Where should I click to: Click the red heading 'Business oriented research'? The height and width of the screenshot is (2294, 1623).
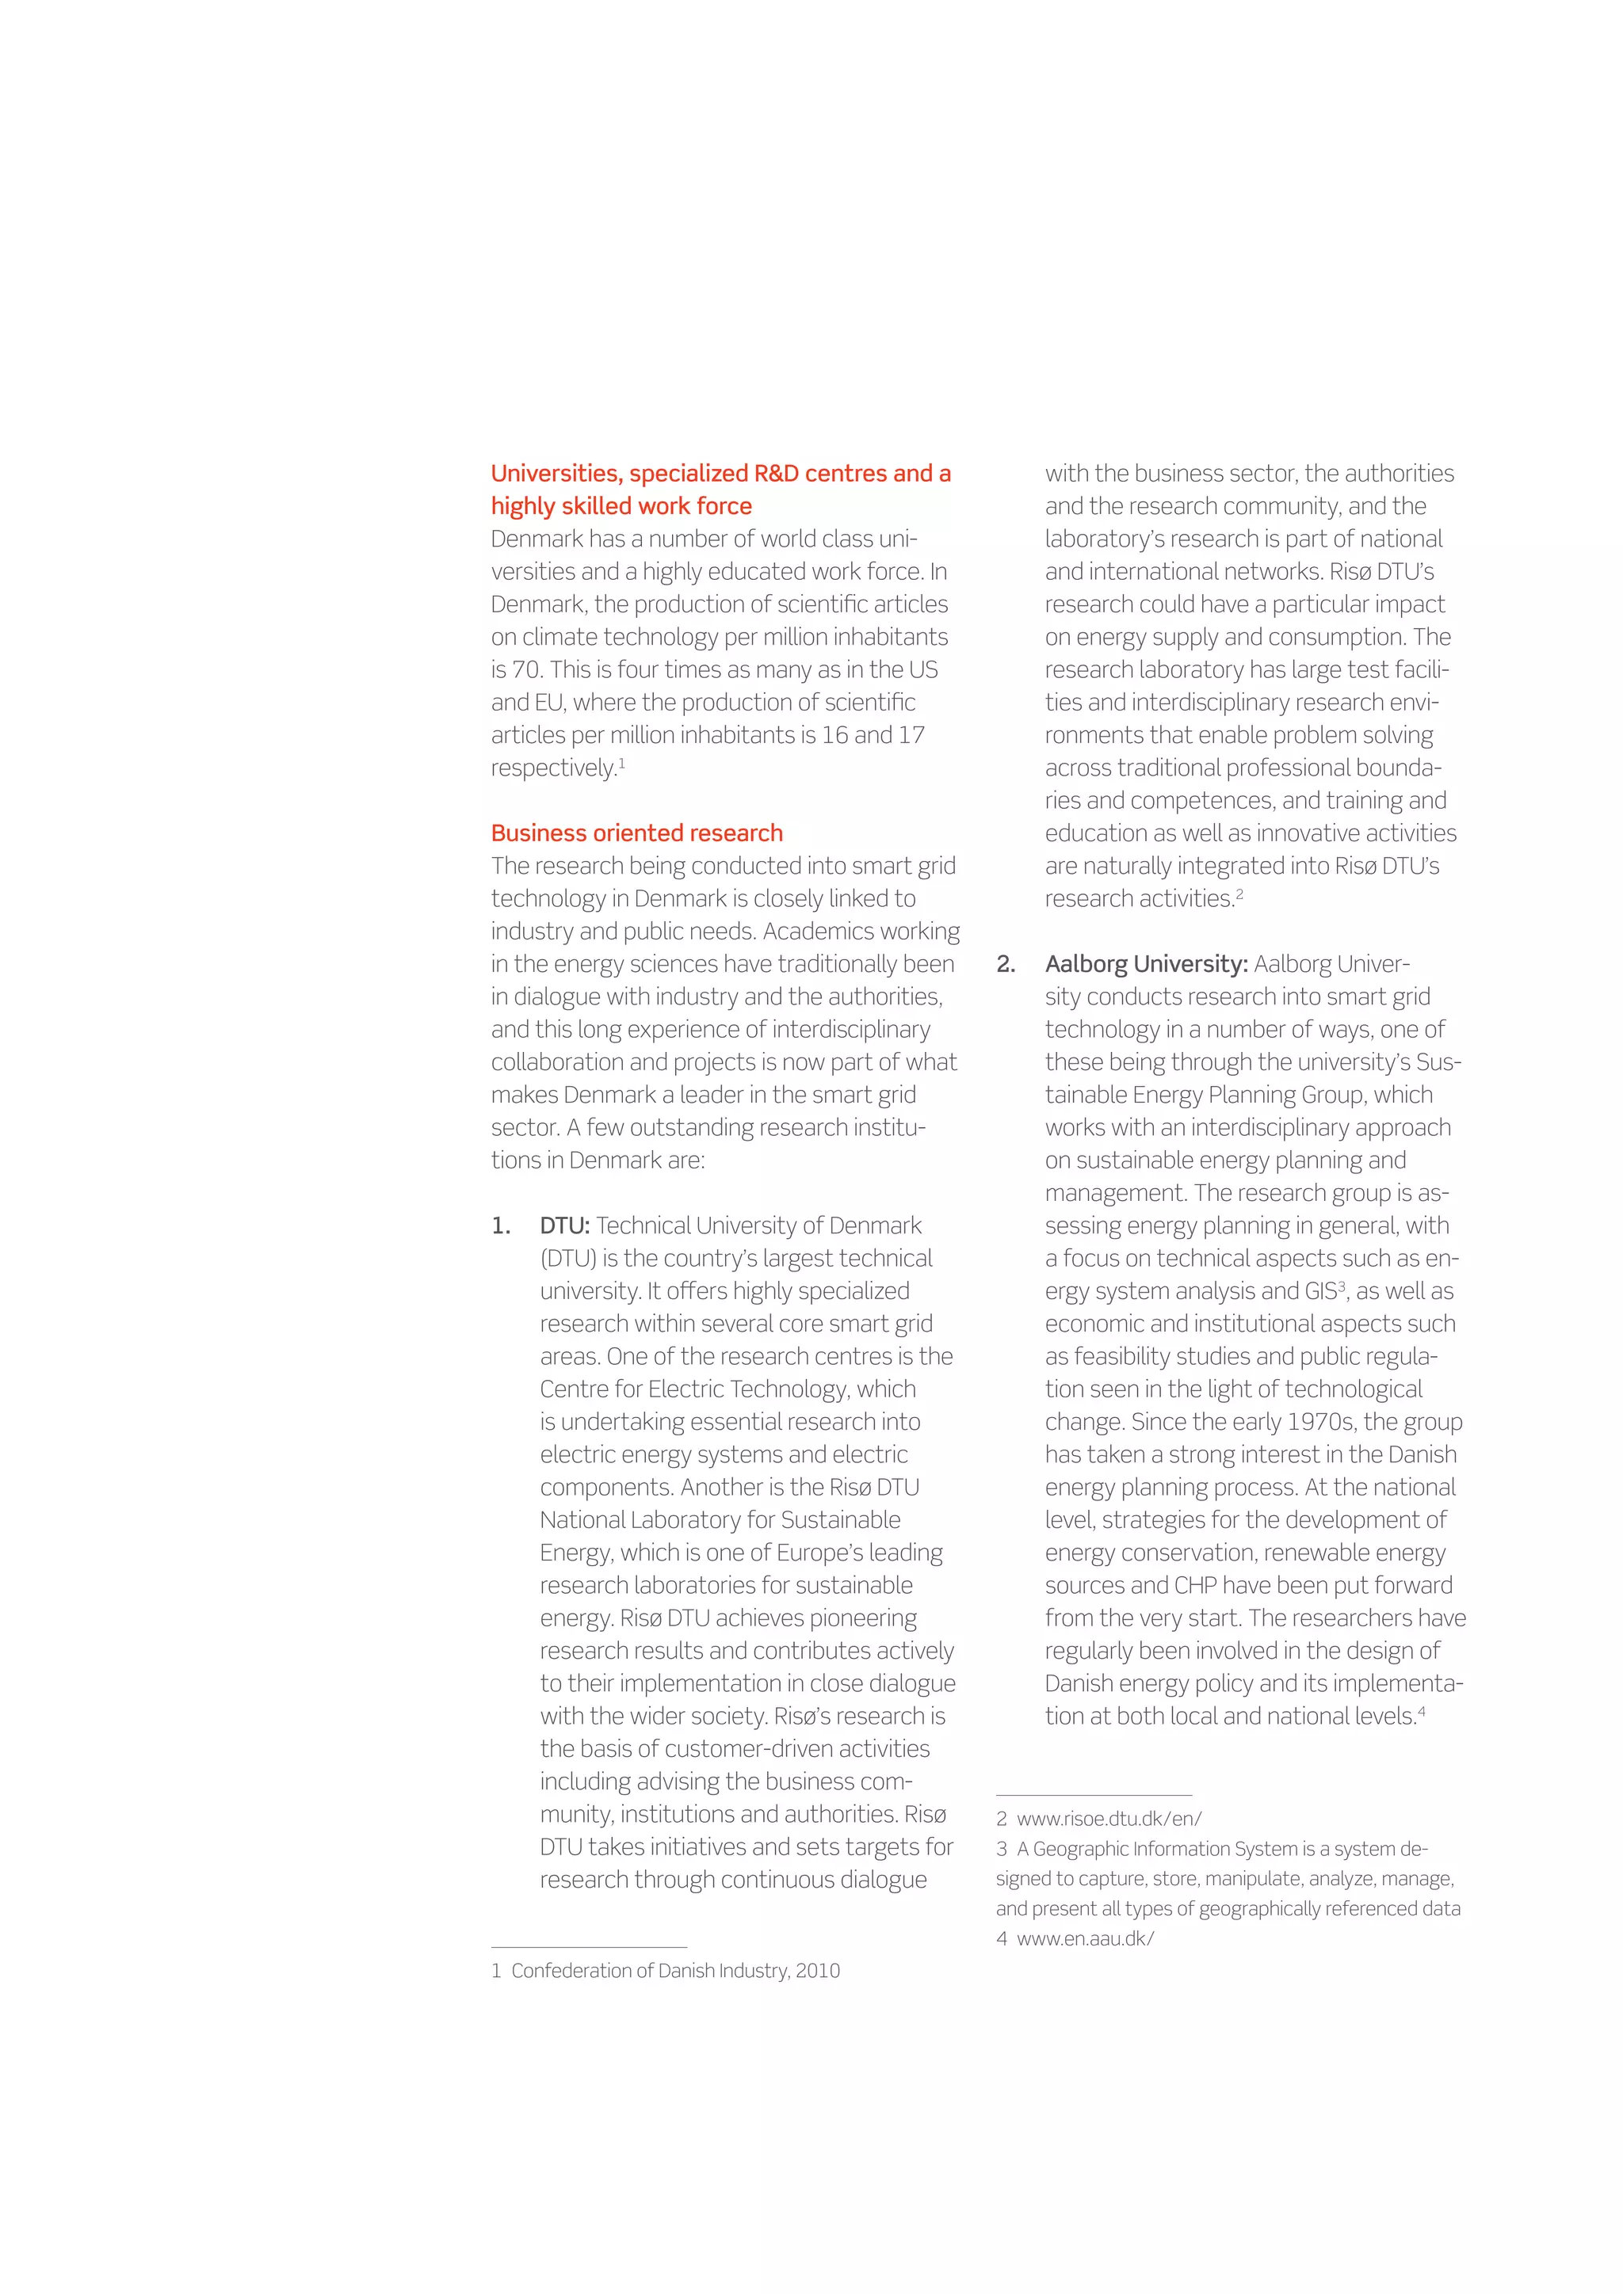click(636, 833)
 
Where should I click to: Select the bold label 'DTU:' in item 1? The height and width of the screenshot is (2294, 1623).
click(565, 1226)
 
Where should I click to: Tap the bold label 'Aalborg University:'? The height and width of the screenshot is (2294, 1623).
click(1145, 964)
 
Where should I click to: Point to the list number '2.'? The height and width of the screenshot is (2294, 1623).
click(1006, 964)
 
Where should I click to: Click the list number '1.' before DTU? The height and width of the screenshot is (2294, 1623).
click(501, 1226)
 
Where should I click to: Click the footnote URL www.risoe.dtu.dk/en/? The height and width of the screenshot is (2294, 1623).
click(1109, 1819)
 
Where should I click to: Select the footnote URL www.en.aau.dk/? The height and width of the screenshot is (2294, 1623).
click(1086, 1938)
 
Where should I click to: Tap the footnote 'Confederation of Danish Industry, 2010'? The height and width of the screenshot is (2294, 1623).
click(675, 1970)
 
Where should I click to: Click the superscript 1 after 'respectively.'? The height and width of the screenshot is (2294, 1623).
click(621, 764)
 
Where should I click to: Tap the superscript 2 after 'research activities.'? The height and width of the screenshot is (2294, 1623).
click(1239, 894)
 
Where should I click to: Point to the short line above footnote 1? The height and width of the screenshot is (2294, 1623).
click(589, 1947)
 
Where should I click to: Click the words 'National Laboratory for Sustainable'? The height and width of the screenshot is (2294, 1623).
click(720, 1519)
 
